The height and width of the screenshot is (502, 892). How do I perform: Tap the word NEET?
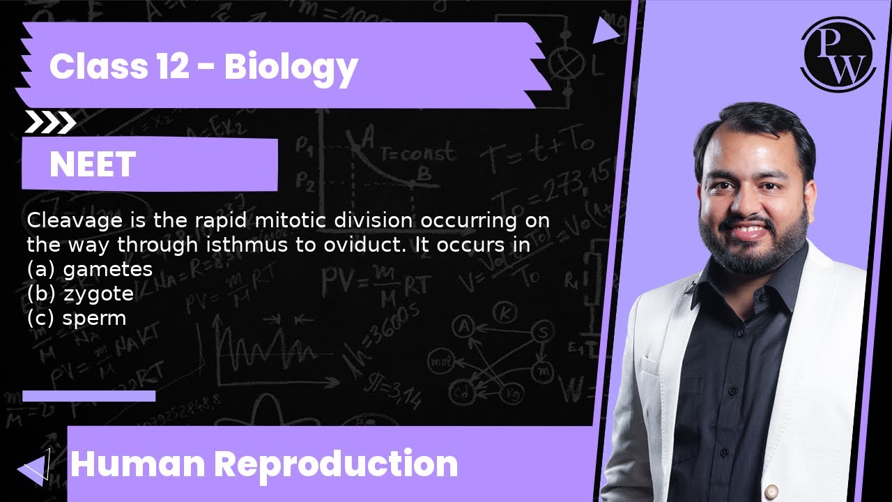coord(93,165)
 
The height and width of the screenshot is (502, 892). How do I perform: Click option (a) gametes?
coord(90,269)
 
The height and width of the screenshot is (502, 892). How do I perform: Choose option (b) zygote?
coord(81,294)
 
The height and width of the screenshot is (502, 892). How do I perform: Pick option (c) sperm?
coord(77,318)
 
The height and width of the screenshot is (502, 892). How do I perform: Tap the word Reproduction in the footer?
coord(336,464)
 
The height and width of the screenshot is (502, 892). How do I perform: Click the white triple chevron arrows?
coord(49,123)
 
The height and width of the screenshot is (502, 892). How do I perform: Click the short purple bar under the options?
coord(89,396)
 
